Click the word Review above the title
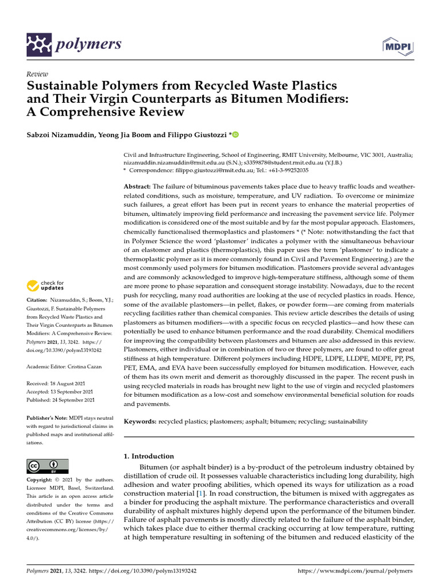pyautogui.click(x=37, y=74)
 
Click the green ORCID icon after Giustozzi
pyautogui.click(x=235, y=134)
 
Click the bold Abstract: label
pyautogui.click(x=137, y=187)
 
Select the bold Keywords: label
pyautogui.click(x=141, y=421)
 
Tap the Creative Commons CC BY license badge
pyautogui.click(x=48, y=466)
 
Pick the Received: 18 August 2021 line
pyautogui.click(x=60, y=383)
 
